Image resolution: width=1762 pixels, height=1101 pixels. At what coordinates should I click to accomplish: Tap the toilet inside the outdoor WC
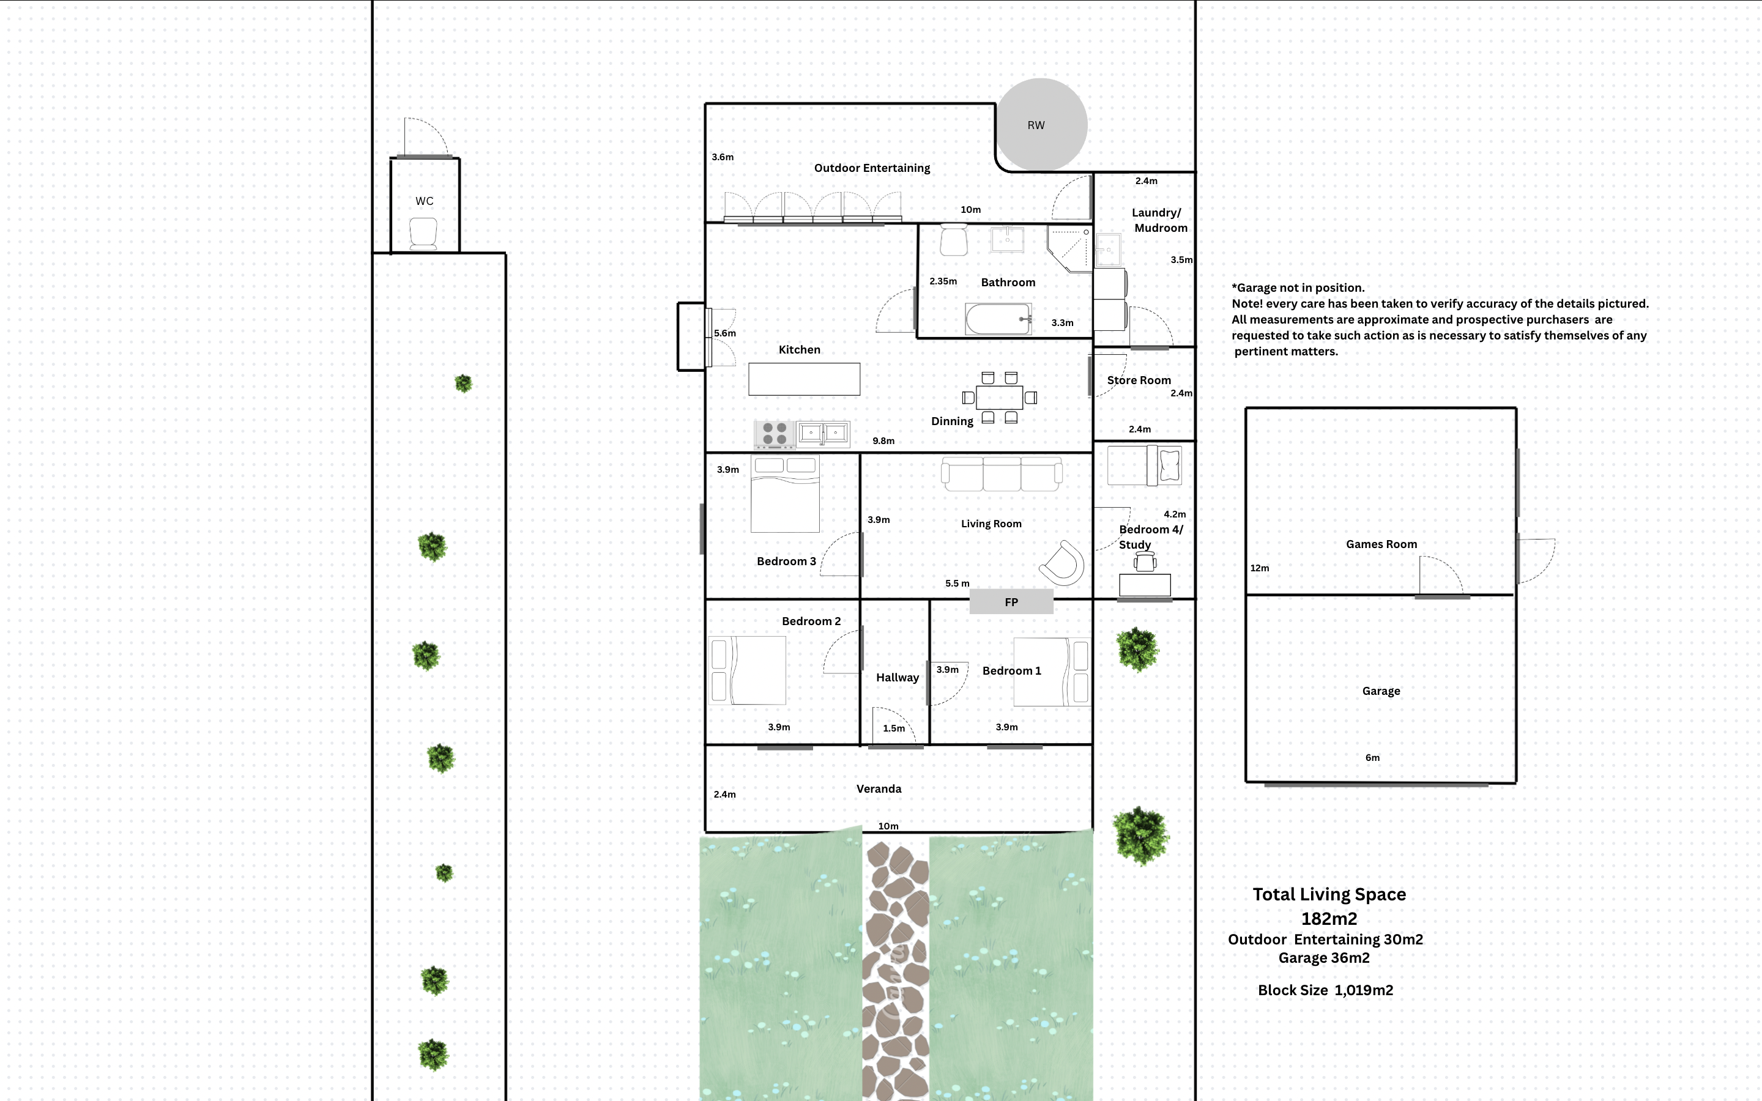pyautogui.click(x=423, y=234)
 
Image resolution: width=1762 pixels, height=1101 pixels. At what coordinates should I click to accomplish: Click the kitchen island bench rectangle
pyautogui.click(x=804, y=379)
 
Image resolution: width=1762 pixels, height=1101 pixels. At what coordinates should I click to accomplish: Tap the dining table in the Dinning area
pyautogui.click(x=999, y=398)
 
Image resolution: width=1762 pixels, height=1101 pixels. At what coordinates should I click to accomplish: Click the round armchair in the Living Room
pyautogui.click(x=1063, y=563)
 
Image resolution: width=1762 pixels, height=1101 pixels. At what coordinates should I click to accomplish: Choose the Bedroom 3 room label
pyautogui.click(x=786, y=562)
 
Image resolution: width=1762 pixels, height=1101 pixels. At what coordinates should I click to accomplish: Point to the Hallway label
pyautogui.click(x=897, y=678)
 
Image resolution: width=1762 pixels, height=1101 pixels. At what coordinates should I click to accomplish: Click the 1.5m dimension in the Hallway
pyautogui.click(x=893, y=728)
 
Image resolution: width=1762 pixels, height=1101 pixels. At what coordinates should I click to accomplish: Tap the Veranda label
pyautogui.click(x=878, y=789)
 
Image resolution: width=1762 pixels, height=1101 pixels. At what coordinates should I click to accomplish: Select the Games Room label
pyautogui.click(x=1380, y=544)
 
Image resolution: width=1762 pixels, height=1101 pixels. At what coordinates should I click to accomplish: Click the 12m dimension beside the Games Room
pyautogui.click(x=1259, y=569)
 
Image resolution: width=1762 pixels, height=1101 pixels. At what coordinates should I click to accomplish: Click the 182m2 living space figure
pyautogui.click(x=1328, y=919)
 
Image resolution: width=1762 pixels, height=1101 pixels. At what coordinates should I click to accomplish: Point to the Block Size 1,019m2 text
pyautogui.click(x=1325, y=990)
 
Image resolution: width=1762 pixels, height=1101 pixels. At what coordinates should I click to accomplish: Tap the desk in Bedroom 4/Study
pyautogui.click(x=1145, y=585)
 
